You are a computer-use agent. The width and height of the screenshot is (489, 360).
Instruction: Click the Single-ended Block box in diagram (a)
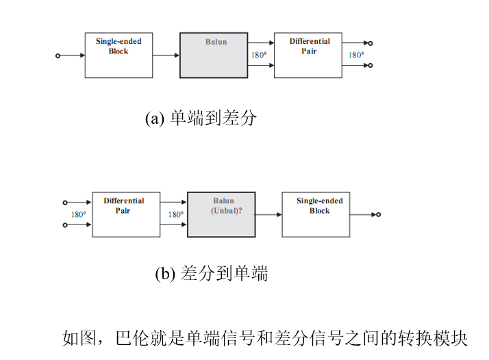tap(118, 55)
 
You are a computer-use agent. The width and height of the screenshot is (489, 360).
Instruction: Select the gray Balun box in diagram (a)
tap(214, 55)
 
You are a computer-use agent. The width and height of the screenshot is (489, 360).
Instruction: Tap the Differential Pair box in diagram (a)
tap(308, 55)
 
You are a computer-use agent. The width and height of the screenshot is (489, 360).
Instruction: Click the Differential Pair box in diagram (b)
tap(125, 214)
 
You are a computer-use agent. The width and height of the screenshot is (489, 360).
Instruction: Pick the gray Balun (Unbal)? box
tap(221, 214)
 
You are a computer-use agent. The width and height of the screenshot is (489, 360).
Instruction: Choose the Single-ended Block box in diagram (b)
tap(320, 214)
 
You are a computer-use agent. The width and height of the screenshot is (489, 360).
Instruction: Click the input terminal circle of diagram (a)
tap(58, 55)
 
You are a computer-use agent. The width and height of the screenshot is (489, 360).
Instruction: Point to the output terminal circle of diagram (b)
tap(378, 214)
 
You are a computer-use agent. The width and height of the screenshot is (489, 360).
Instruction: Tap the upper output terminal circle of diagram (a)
tap(370, 42)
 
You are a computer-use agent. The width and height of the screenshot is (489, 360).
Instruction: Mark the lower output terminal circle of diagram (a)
tap(370, 66)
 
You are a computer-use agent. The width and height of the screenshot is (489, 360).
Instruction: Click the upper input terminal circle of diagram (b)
tap(65, 202)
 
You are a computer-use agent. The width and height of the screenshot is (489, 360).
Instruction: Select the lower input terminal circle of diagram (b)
tap(65, 224)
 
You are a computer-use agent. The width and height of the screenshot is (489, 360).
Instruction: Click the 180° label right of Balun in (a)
tap(259, 55)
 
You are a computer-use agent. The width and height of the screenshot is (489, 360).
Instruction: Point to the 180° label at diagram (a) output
tap(356, 55)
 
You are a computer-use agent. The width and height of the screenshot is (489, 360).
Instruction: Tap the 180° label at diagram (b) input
tap(79, 214)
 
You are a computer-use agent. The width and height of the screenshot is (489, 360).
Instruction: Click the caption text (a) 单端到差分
tap(201, 118)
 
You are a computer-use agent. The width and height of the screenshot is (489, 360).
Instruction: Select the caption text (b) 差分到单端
tap(211, 274)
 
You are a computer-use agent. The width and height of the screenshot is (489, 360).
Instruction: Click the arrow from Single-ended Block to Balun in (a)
tap(166, 55)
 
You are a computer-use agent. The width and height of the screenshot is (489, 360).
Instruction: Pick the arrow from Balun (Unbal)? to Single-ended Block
tap(268, 214)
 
